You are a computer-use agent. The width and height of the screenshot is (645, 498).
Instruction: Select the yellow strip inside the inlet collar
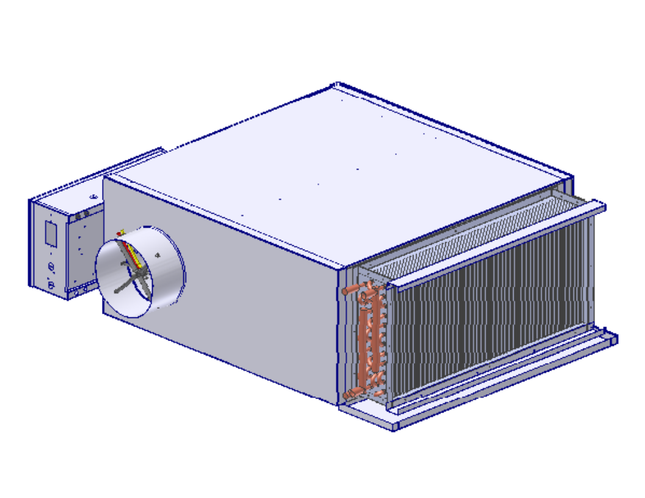tap(136, 254)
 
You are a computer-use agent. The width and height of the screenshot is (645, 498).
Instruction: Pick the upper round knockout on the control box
tap(51, 267)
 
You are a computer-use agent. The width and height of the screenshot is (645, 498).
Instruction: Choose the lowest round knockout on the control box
tap(51, 285)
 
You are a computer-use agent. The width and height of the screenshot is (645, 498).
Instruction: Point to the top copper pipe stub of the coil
tap(349, 290)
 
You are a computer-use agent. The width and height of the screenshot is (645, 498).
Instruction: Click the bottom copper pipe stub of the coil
tap(349, 395)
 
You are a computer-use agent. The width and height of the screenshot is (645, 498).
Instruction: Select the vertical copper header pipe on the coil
tap(369, 342)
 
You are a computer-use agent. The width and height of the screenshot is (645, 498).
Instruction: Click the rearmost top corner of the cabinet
tap(335, 85)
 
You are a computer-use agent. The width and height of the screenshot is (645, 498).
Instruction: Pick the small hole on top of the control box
tap(93, 197)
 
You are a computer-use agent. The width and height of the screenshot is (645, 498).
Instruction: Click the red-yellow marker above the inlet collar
tap(122, 232)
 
